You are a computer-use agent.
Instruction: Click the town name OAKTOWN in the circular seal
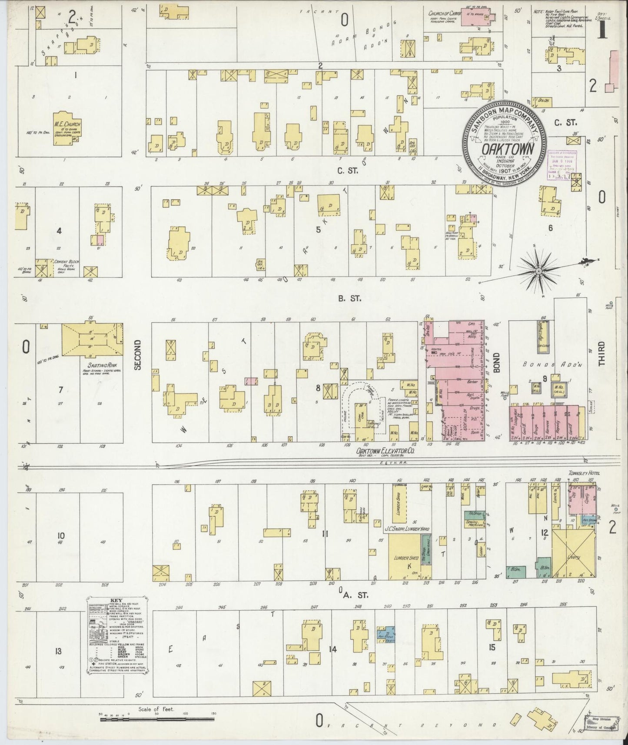pyautogui.click(x=503, y=148)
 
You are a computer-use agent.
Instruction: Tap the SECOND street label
pyautogui.click(x=137, y=355)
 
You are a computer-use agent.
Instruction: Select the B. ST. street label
pyautogui.click(x=350, y=299)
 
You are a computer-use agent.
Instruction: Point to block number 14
pyautogui.click(x=332, y=649)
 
